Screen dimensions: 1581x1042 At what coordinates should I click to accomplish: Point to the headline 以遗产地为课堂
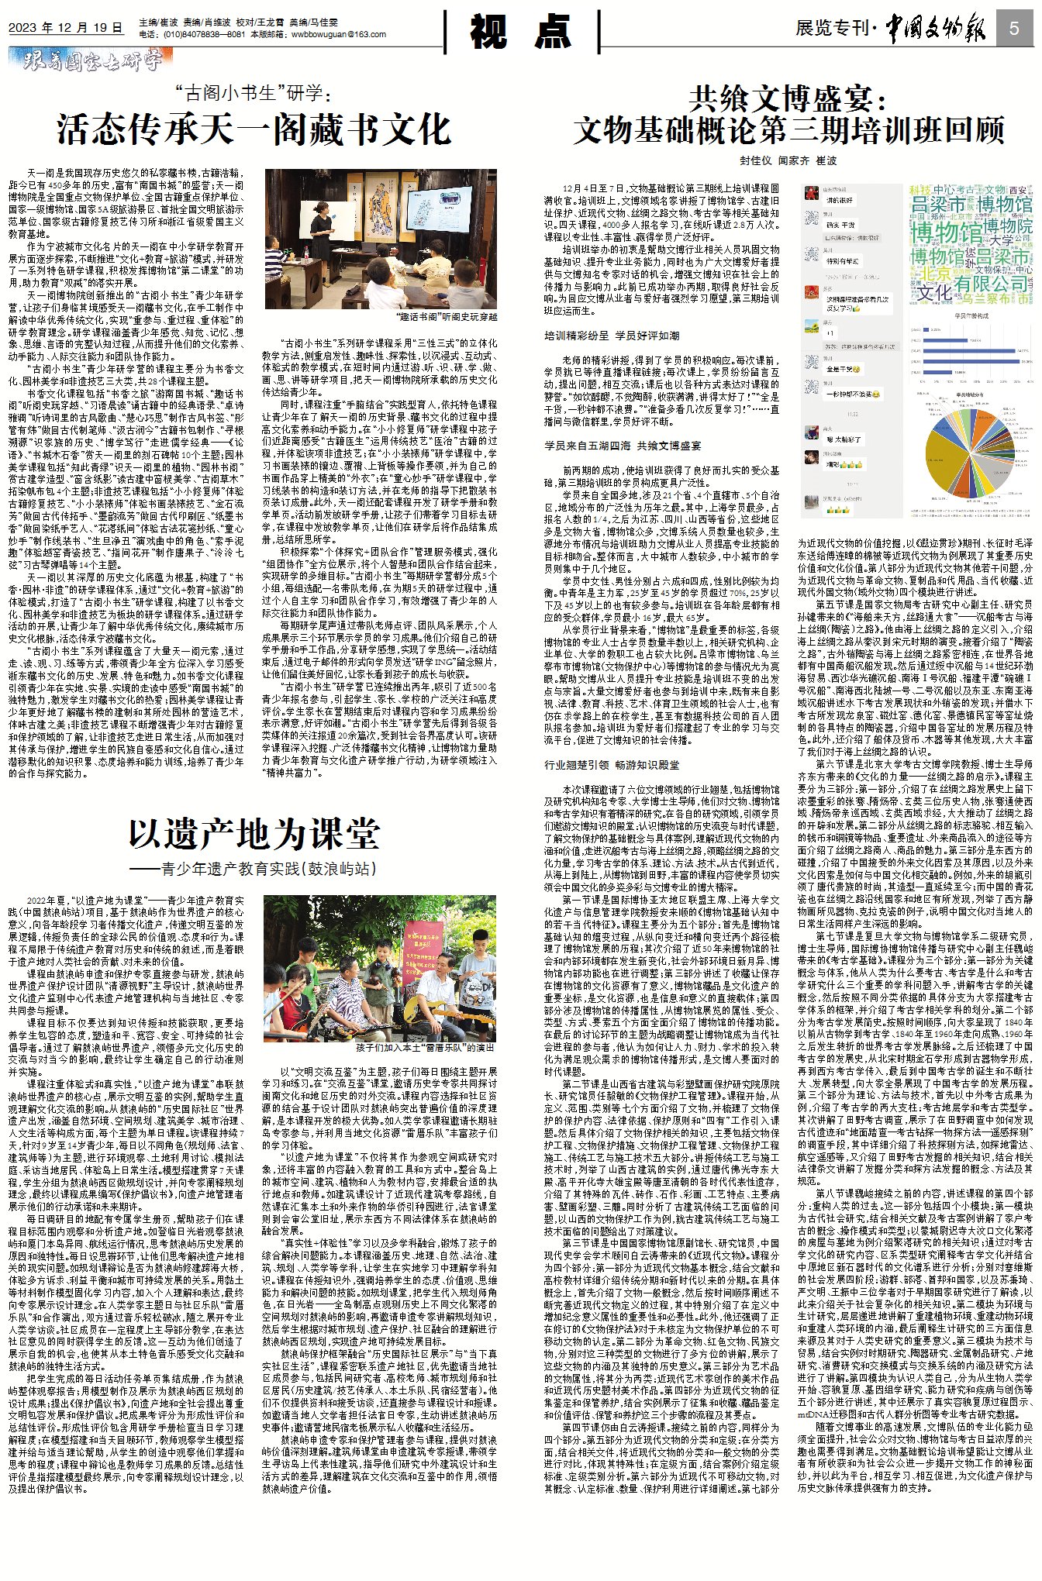(254, 834)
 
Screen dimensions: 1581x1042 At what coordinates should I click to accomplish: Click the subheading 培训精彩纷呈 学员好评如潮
(612, 336)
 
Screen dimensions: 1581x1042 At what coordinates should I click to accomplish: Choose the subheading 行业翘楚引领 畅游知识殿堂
(612, 765)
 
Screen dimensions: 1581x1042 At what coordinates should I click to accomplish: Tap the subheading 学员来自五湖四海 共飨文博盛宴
(623, 446)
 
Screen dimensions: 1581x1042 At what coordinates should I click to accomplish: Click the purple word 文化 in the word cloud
(934, 292)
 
